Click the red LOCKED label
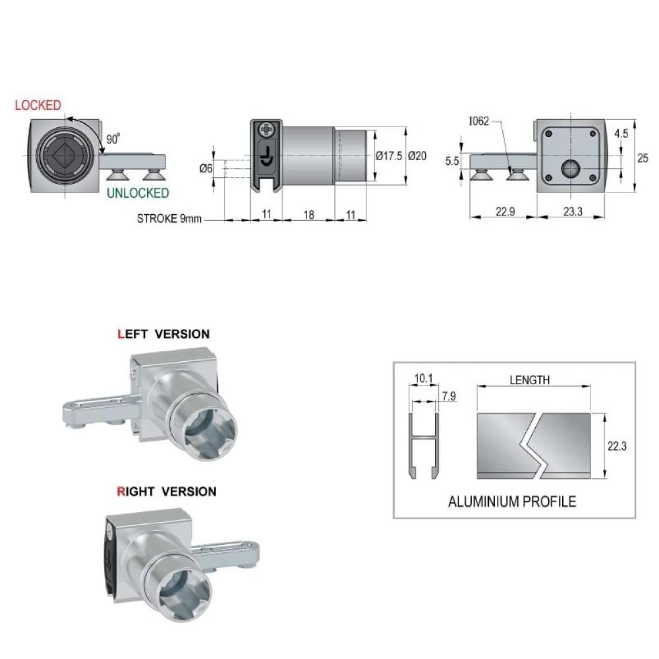click(38, 105)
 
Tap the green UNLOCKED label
click(138, 193)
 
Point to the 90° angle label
click(113, 138)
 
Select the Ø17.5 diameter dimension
click(389, 156)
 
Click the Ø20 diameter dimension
click(417, 156)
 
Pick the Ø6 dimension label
click(206, 169)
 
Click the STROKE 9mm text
click(169, 219)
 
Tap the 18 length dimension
click(309, 215)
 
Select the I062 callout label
click(479, 121)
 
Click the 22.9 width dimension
click(505, 212)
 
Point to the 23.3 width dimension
click(573, 212)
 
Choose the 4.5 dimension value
click(621, 134)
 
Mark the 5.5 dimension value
click(452, 161)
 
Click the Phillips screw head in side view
click(266, 129)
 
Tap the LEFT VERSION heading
click(163, 334)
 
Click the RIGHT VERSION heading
click(167, 492)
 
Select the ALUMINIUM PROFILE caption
click(512, 501)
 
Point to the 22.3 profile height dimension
click(617, 446)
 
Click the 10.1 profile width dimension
click(423, 379)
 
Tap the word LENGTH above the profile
click(530, 380)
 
